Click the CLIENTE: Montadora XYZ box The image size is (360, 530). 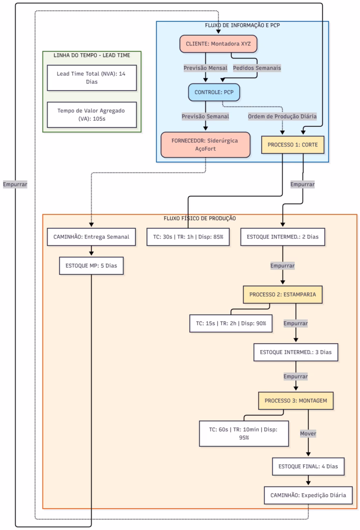218,43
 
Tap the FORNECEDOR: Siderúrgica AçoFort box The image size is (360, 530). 205,144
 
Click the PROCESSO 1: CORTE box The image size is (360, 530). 293,144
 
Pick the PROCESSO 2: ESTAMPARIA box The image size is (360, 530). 283,295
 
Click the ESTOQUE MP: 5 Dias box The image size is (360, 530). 92,266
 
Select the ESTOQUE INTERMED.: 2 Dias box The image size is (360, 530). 282,237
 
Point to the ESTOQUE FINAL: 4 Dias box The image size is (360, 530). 308,466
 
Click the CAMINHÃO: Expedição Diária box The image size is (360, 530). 308,495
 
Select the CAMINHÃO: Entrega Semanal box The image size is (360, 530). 92,237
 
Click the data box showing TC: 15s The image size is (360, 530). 231,323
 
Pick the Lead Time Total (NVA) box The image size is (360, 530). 92,78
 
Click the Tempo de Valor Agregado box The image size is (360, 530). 92,114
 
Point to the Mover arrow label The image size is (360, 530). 308,433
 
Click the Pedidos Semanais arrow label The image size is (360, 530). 257,68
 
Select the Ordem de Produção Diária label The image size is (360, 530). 282,116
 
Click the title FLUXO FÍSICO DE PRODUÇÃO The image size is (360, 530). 200,218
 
